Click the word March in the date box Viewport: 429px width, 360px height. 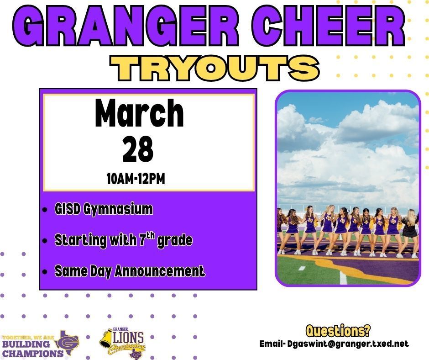[x=139, y=114]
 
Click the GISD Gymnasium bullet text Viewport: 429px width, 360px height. [x=103, y=210]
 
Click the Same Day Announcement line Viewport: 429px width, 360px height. [x=130, y=271]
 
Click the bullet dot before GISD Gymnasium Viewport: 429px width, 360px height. [x=44, y=211]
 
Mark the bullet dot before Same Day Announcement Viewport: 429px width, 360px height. [x=44, y=272]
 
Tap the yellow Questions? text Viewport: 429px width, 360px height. [x=338, y=330]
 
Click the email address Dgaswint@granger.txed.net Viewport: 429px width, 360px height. [x=347, y=344]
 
